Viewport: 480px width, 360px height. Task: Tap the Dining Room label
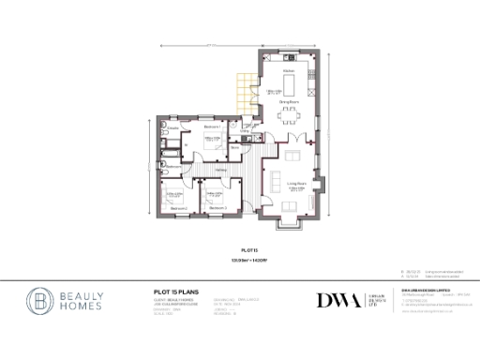[x=288, y=100]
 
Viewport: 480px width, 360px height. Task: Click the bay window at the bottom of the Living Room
[x=291, y=223]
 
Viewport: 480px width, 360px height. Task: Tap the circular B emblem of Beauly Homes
[x=41, y=301]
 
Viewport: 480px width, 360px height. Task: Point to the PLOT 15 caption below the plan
[x=248, y=250]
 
